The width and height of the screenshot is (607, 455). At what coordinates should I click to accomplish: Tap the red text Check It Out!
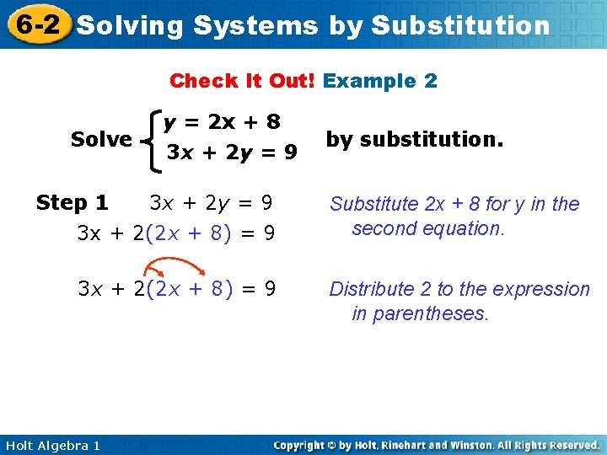click(x=242, y=81)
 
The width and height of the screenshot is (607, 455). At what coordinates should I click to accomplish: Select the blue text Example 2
click(x=380, y=81)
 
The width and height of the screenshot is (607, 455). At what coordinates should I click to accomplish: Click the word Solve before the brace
click(x=101, y=139)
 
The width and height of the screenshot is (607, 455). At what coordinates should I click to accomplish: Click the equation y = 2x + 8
click(x=223, y=122)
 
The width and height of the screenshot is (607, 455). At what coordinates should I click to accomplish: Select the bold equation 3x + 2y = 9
click(x=231, y=153)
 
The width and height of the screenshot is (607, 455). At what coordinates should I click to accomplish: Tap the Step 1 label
click(x=72, y=203)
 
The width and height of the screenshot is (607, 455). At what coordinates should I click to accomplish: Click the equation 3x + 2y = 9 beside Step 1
click(x=211, y=203)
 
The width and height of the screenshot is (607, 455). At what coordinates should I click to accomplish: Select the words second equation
click(x=427, y=228)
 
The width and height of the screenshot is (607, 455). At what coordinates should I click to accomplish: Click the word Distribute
click(x=371, y=289)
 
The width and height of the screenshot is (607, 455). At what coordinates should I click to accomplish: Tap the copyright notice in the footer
click(x=437, y=445)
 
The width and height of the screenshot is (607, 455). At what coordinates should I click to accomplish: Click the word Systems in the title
click(x=255, y=25)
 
